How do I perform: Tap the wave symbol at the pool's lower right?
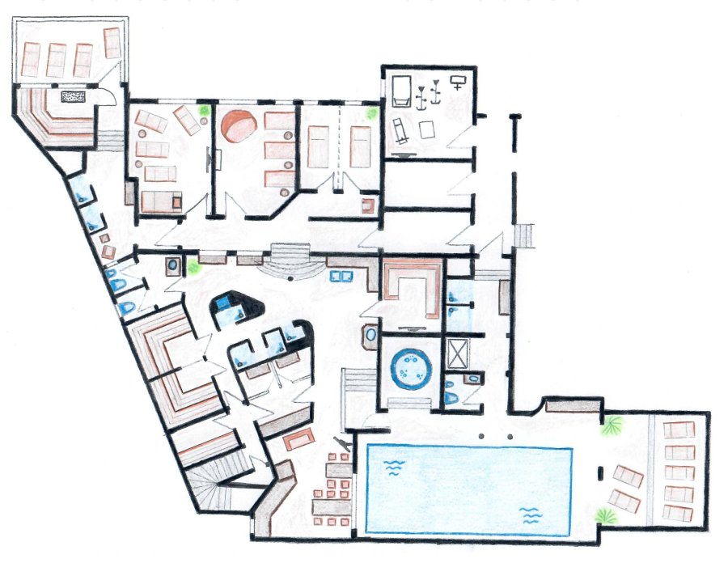pyautogui.click(x=530, y=514)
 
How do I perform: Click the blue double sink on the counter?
pyautogui.click(x=340, y=276)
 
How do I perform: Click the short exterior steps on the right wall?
pyautogui.click(x=525, y=235)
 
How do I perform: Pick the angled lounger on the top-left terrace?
pyautogui.click(x=113, y=42)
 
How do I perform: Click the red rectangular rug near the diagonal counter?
pyautogui.click(x=299, y=438)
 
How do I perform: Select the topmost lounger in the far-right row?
pyautogui.click(x=678, y=431)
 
